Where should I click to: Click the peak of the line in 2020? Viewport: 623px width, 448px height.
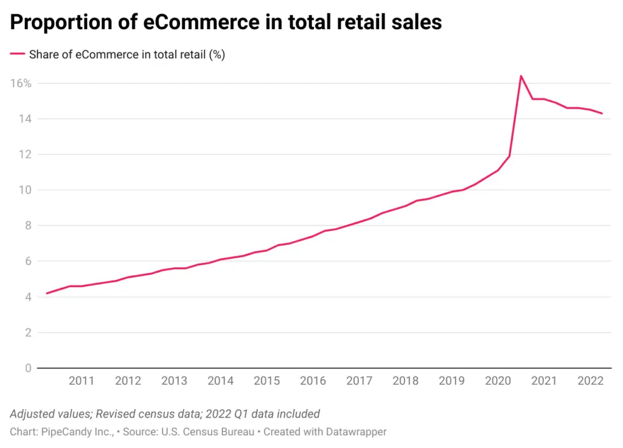(521, 76)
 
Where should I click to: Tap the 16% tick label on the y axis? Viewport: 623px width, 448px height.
(21, 83)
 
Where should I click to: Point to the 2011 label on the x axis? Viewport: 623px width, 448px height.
(82, 381)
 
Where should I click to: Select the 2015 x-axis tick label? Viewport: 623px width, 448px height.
(266, 381)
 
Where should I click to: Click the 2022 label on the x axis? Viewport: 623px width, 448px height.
(590, 381)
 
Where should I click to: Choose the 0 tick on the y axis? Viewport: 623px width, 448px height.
(28, 368)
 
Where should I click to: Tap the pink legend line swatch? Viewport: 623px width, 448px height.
(17, 54)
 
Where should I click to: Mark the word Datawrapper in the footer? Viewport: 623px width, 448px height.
(356, 432)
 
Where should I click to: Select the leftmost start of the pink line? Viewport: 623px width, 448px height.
(47, 293)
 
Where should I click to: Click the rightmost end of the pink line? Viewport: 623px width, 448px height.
(602, 113)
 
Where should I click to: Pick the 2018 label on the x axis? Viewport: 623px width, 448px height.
(405, 381)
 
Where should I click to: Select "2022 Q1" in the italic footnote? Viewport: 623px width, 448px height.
(225, 414)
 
